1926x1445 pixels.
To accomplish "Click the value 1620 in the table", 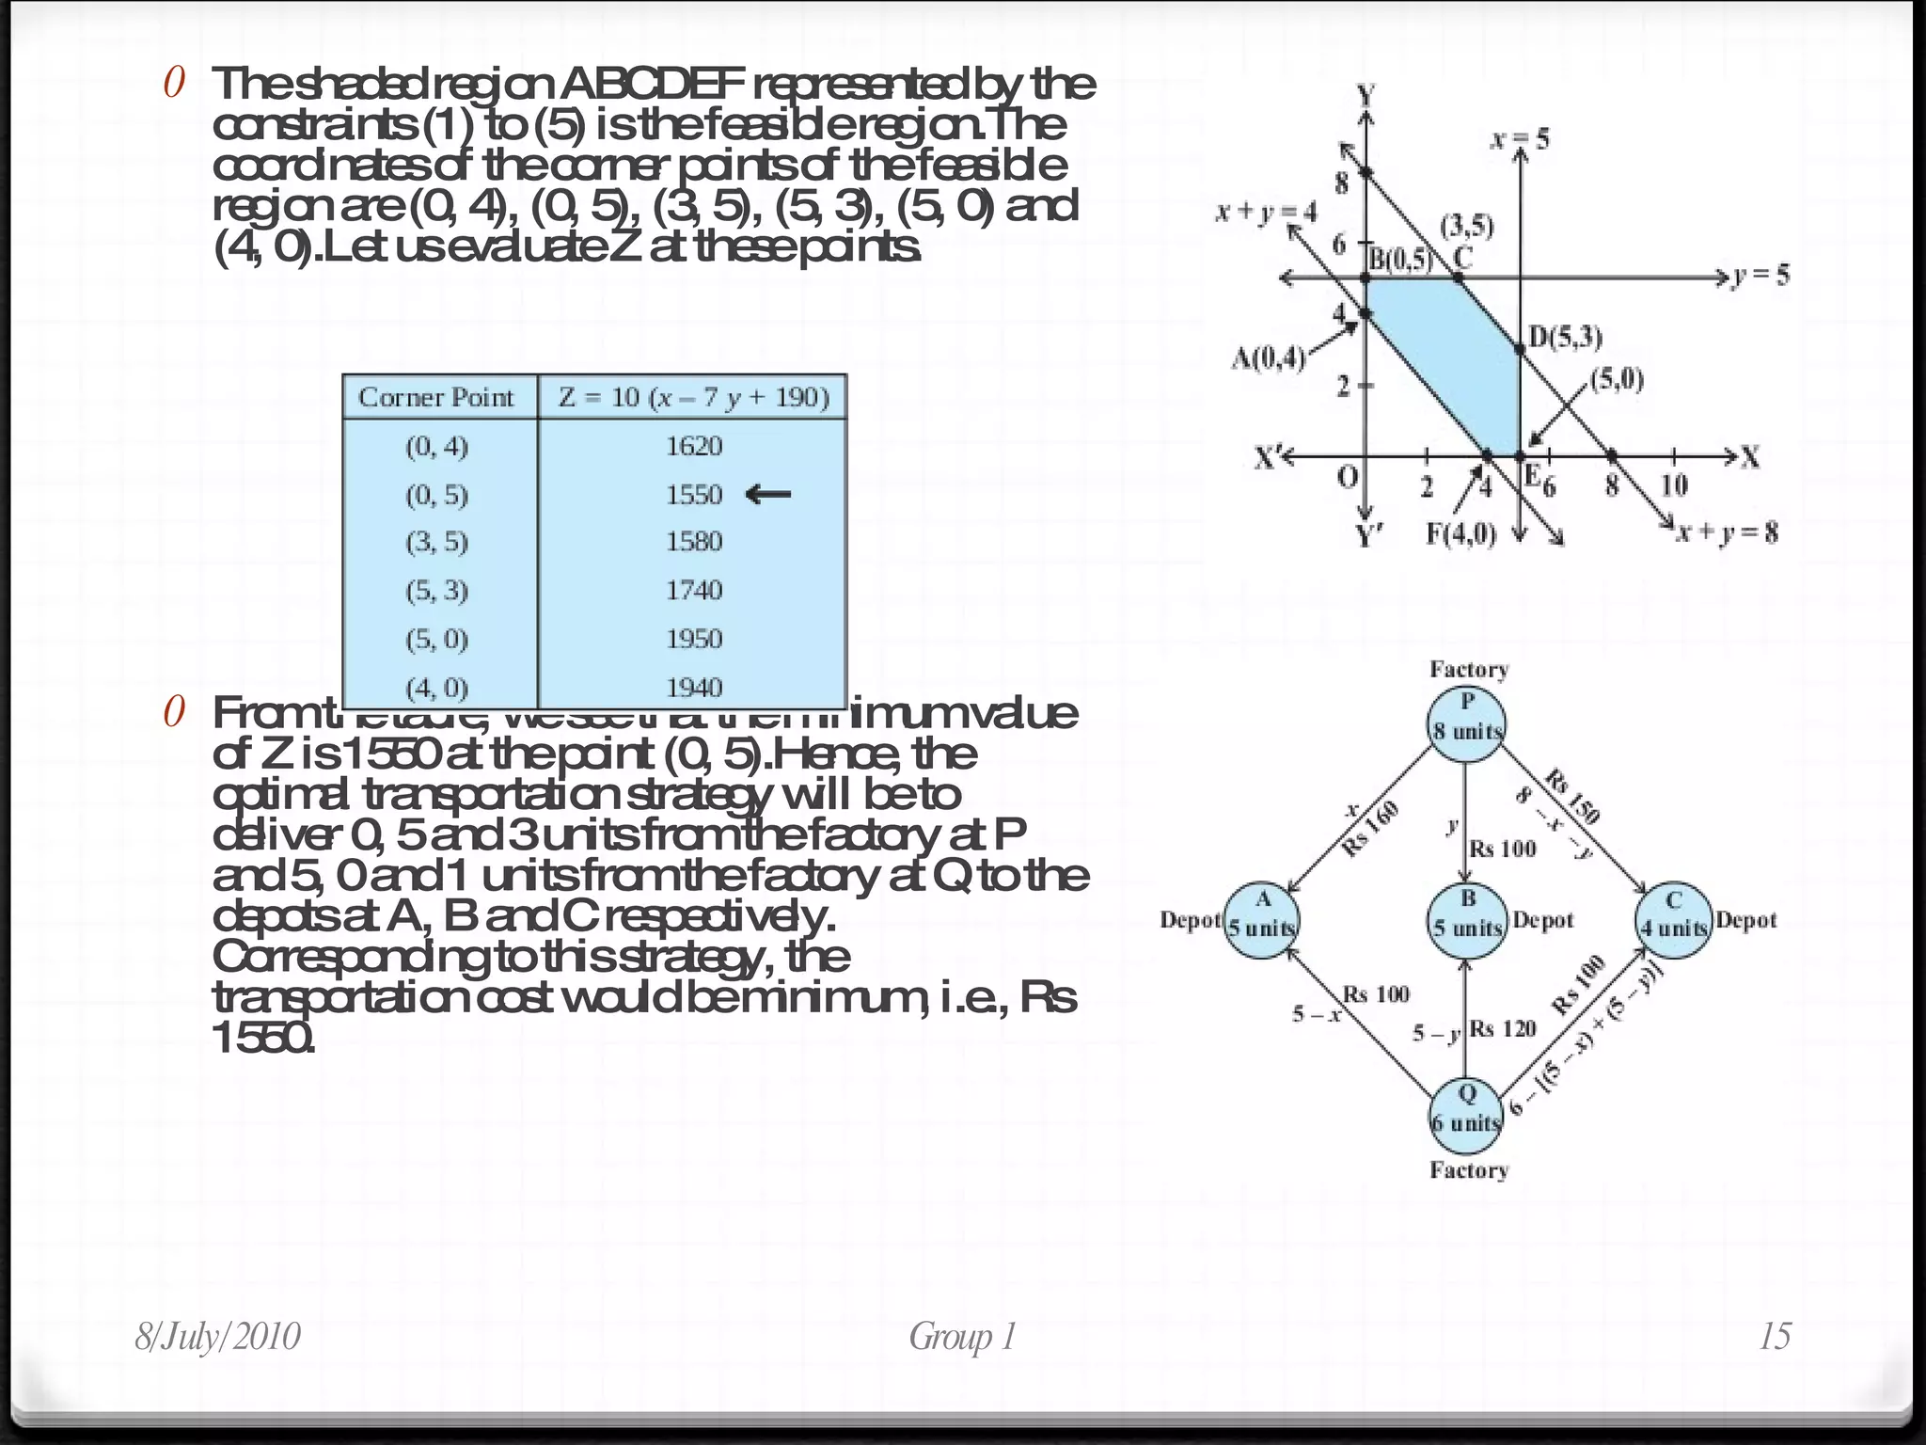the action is [x=694, y=446].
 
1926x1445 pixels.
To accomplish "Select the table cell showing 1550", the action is [x=694, y=495].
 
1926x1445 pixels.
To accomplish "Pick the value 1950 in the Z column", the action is [x=694, y=639].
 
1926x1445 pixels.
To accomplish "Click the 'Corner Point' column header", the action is [x=436, y=397].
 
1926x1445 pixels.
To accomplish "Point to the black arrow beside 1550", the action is [x=767, y=494].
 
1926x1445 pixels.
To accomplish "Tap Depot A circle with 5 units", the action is [x=1262, y=920].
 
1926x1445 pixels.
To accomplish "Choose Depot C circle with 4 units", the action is [x=1674, y=920].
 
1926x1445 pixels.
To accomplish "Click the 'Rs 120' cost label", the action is [x=1502, y=1028].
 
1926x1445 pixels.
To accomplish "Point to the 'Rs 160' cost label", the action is [x=1370, y=829].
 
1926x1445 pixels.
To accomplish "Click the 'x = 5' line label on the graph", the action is [x=1520, y=140].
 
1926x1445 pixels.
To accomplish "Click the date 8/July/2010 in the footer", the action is [x=218, y=1337].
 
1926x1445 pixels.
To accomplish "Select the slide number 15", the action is [x=1775, y=1337].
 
